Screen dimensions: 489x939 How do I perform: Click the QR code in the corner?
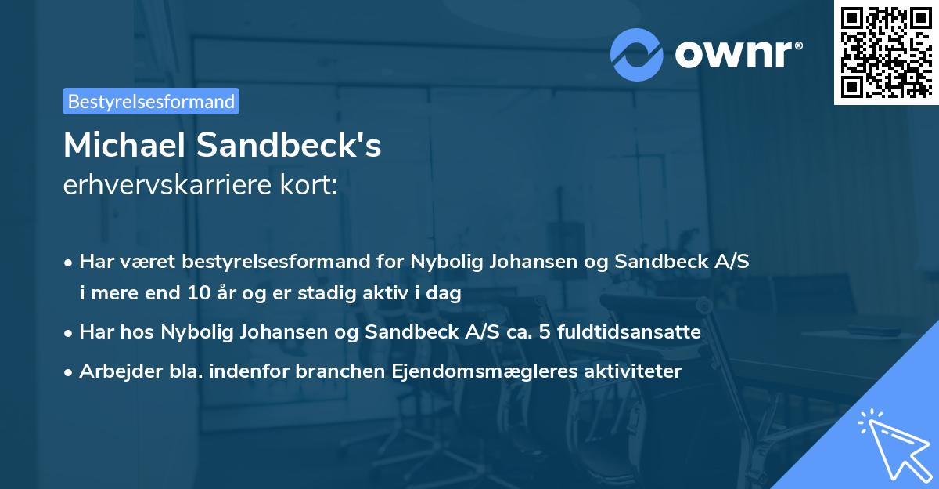(885, 52)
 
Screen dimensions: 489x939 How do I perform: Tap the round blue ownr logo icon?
(637, 55)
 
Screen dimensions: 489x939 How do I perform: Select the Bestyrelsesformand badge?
(151, 101)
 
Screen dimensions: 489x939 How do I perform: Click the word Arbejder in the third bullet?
(113, 371)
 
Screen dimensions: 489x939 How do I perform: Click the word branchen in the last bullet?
(337, 371)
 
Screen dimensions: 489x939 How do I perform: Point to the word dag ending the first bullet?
(445, 294)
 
